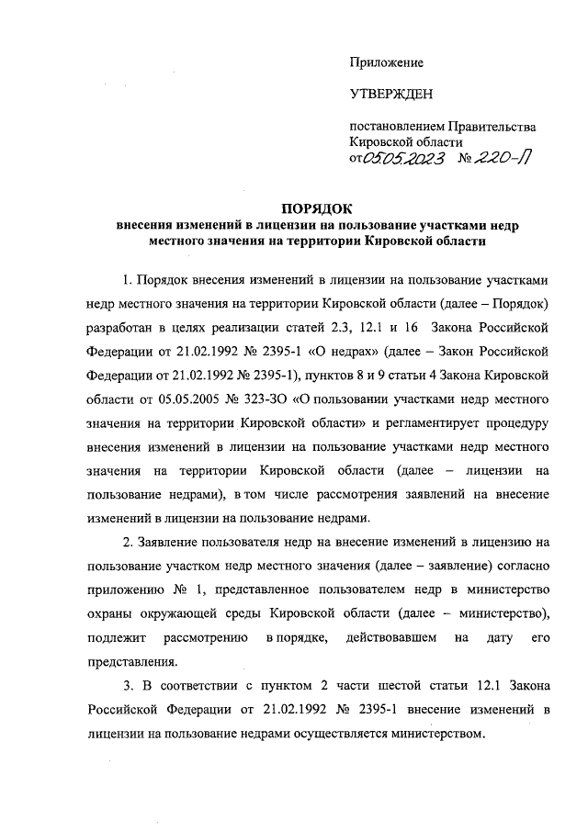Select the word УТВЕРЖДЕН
[390, 94]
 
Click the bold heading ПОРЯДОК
[317, 209]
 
